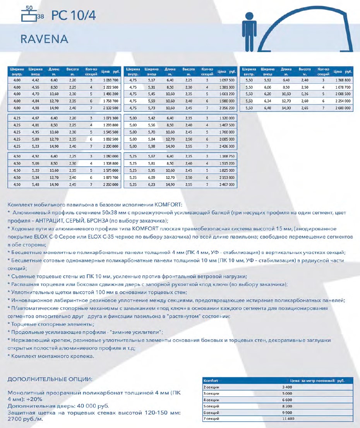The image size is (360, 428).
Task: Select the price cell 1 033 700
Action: pos(110,80)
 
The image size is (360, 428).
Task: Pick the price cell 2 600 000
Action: pos(343,108)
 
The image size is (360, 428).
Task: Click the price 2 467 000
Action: pos(226,185)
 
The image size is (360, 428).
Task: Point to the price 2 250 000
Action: pos(110,185)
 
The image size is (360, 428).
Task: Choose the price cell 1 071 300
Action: pos(110,117)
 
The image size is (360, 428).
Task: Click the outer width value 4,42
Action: pos(35,80)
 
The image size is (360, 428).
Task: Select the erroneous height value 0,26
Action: pos(305,94)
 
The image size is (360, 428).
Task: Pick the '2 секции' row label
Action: pos(211,387)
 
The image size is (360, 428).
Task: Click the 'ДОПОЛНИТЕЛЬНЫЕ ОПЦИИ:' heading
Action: pos(50,378)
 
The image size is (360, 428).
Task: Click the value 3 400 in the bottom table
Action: pos(287,387)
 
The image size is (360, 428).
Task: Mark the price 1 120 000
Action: pos(226,117)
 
